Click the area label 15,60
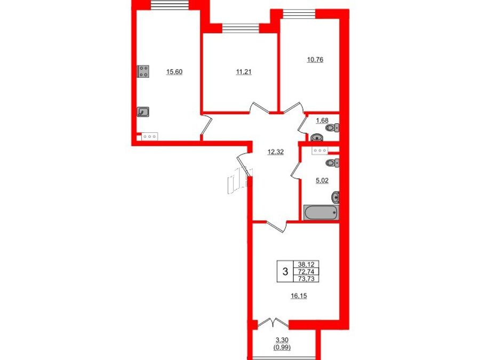point(174,72)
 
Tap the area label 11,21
point(244,72)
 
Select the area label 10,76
point(315,60)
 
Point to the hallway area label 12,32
point(276,152)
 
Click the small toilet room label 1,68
point(322,121)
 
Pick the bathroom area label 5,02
point(322,181)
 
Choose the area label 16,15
point(299,295)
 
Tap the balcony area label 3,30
point(282,340)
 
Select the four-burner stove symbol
point(143,71)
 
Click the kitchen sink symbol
point(143,112)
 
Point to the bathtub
point(321,212)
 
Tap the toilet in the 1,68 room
point(333,127)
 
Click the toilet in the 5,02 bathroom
point(333,163)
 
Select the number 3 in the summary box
point(285,271)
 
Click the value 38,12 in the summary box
point(306,264)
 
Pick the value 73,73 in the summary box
point(306,278)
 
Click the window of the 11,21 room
point(241,28)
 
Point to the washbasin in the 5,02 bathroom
point(335,197)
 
